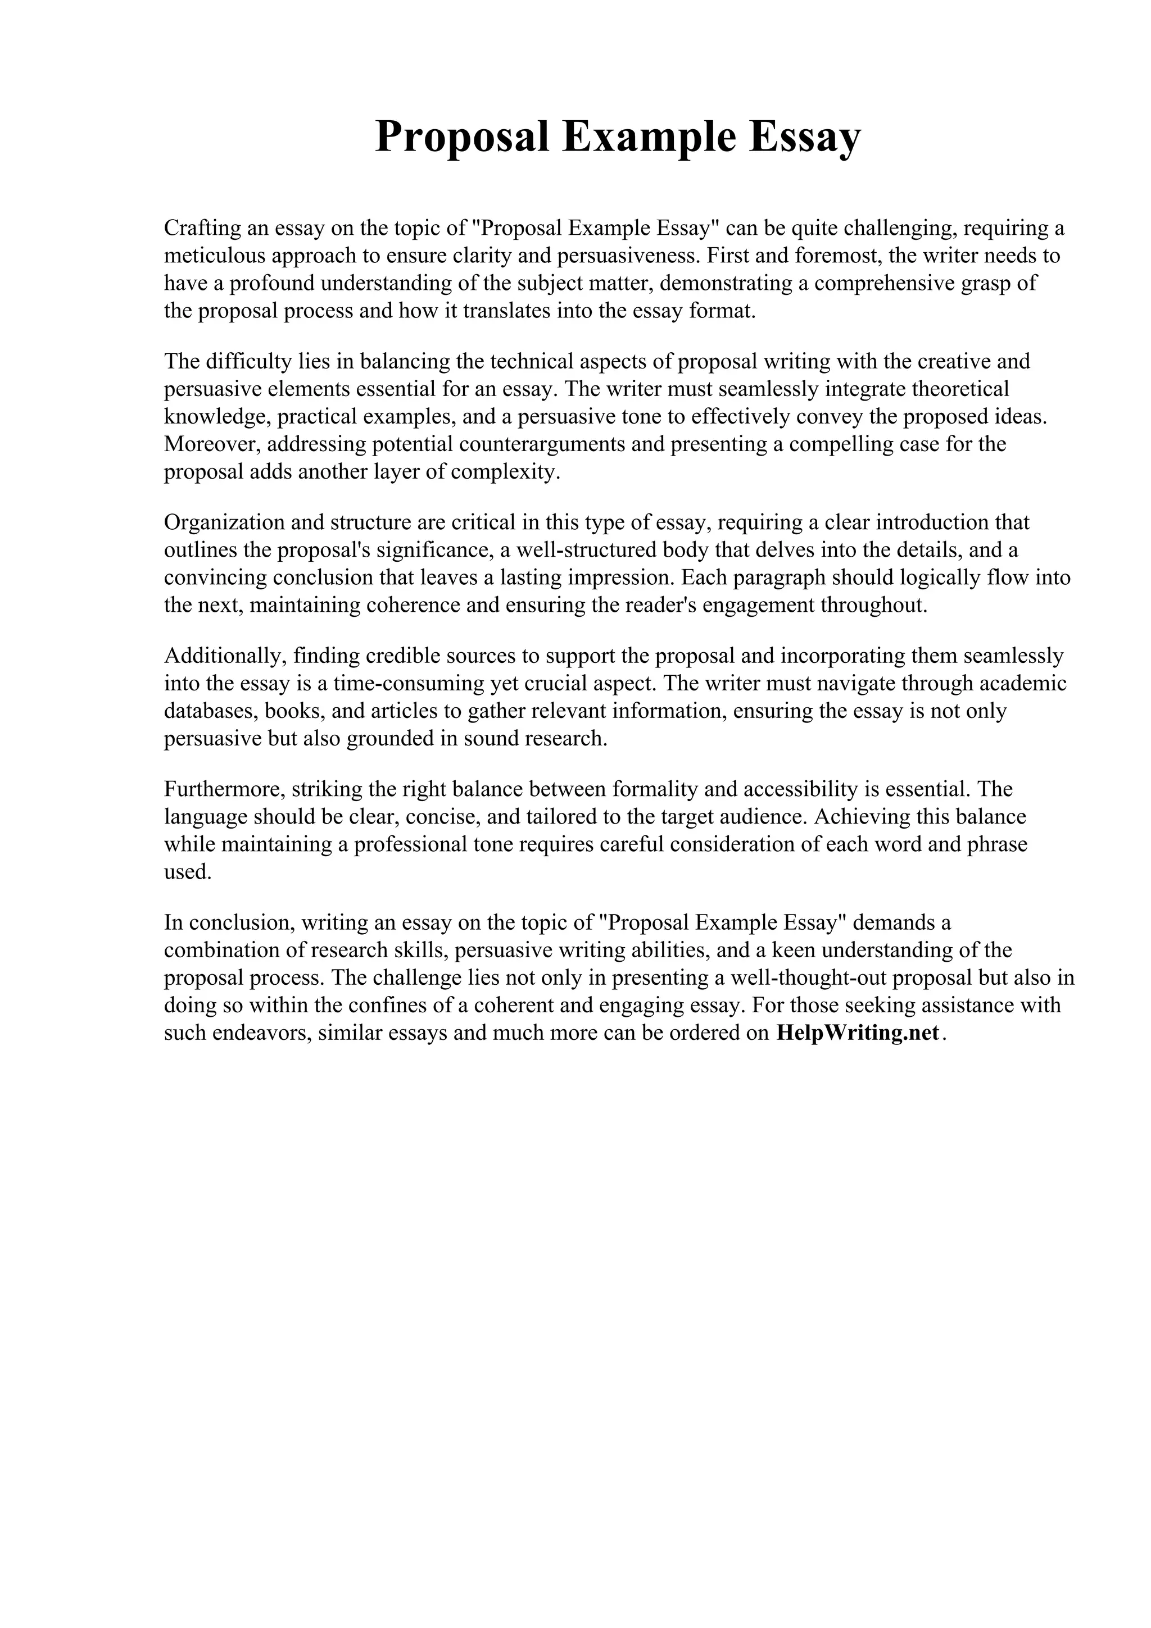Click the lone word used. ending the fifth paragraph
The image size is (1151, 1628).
188,872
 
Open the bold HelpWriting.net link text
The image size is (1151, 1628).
858,1033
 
